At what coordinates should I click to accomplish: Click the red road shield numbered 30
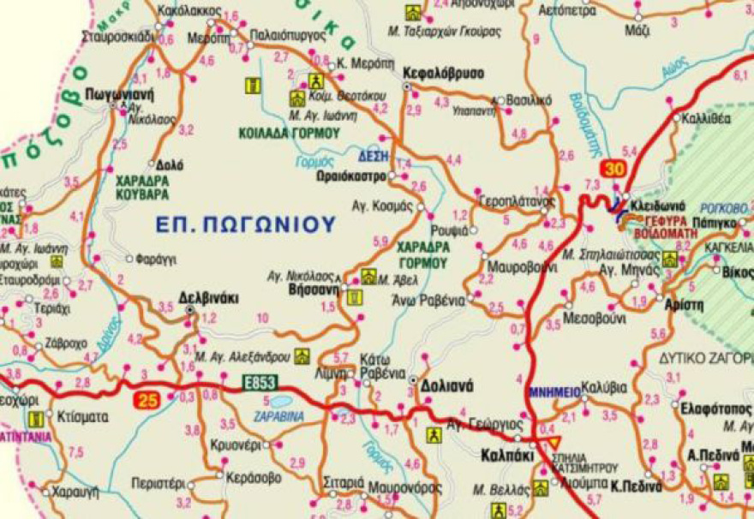613,169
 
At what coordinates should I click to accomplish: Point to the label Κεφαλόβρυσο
444,73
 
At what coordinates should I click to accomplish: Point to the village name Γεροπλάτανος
514,200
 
